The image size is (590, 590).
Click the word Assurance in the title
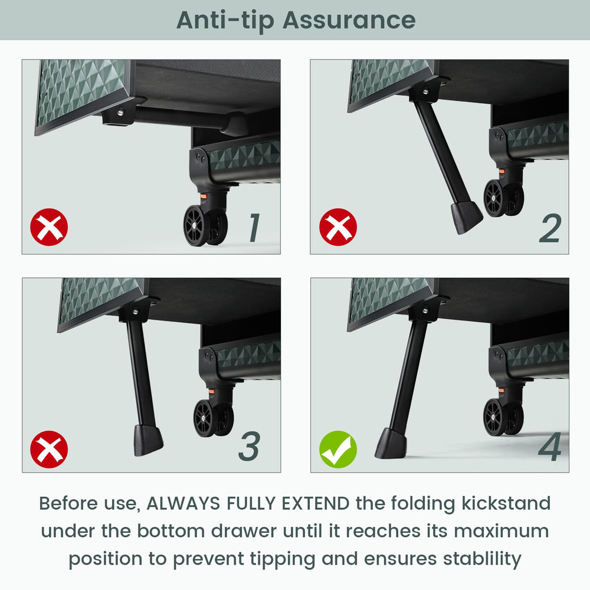[x=349, y=20]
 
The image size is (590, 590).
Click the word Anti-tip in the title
[x=225, y=21]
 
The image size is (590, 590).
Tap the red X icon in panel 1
[x=50, y=227]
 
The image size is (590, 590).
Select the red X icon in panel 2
[x=338, y=227]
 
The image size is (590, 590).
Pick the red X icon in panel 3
[x=50, y=449]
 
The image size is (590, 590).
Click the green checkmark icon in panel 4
[x=338, y=449]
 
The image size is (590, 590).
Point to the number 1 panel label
[x=255, y=227]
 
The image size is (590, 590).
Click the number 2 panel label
[x=550, y=228]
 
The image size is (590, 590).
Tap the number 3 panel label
[x=249, y=446]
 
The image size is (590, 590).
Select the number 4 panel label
[x=550, y=446]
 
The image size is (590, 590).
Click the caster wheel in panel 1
[x=205, y=225]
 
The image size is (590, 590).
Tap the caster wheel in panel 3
[x=214, y=418]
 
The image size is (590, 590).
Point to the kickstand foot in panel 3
[x=147, y=440]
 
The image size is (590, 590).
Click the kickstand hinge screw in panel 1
[x=120, y=112]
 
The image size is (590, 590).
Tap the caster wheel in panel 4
[x=503, y=417]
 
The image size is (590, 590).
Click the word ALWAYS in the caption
[x=183, y=503]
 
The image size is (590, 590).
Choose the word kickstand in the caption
[x=506, y=503]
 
